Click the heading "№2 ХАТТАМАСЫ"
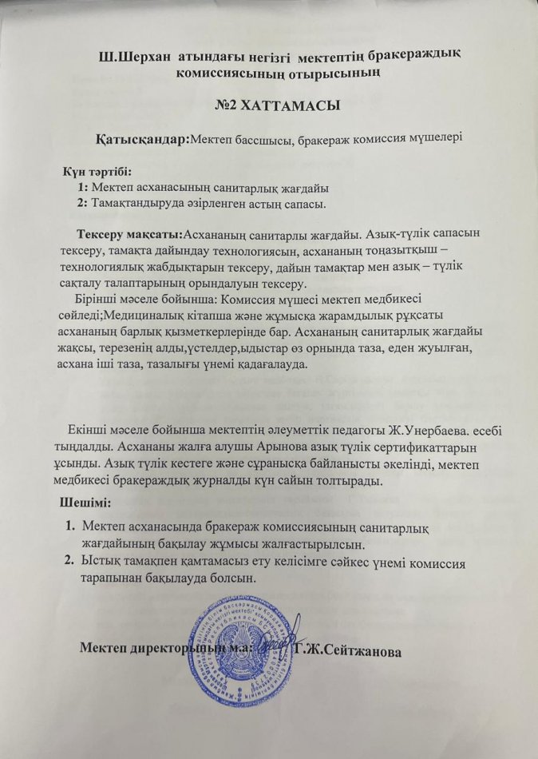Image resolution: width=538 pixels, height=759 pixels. click(268, 105)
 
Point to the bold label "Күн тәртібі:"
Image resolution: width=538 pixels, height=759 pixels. click(97, 171)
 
